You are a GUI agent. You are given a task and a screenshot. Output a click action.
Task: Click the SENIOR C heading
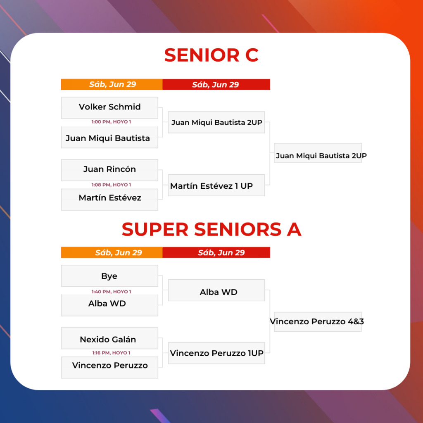[211, 55]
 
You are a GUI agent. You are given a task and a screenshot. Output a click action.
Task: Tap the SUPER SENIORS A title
[211, 229]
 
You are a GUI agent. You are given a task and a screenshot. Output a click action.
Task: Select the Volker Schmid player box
[109, 108]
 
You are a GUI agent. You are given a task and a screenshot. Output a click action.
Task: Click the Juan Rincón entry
[109, 170]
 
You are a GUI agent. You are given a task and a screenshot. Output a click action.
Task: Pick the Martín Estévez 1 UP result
[216, 185]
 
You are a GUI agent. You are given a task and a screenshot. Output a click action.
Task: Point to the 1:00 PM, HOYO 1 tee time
[111, 122]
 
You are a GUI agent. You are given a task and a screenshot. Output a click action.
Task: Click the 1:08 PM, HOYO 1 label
[111, 185]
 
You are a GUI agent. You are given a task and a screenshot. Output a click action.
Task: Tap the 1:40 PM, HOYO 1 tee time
[111, 292]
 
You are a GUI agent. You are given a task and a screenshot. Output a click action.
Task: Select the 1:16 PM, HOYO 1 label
[111, 353]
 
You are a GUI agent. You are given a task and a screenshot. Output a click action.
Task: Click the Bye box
[109, 276]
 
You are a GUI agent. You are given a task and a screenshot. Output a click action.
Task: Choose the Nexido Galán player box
[109, 338]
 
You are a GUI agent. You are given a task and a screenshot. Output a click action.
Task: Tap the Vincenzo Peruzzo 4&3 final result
[318, 321]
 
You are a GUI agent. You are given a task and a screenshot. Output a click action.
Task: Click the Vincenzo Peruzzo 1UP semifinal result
[216, 353]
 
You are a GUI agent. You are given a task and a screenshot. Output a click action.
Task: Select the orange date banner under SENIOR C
[112, 84]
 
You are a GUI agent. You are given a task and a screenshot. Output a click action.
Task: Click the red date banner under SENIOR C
[216, 84]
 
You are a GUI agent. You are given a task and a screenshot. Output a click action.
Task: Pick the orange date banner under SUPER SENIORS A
[112, 252]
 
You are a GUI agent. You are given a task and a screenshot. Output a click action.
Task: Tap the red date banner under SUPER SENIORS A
[216, 252]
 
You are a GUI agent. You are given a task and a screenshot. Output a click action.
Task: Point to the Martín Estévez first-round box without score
[109, 200]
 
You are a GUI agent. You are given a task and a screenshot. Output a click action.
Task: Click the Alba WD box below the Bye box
[109, 305]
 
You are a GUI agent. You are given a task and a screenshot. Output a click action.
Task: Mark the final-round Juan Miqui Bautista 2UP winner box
[318, 153]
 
